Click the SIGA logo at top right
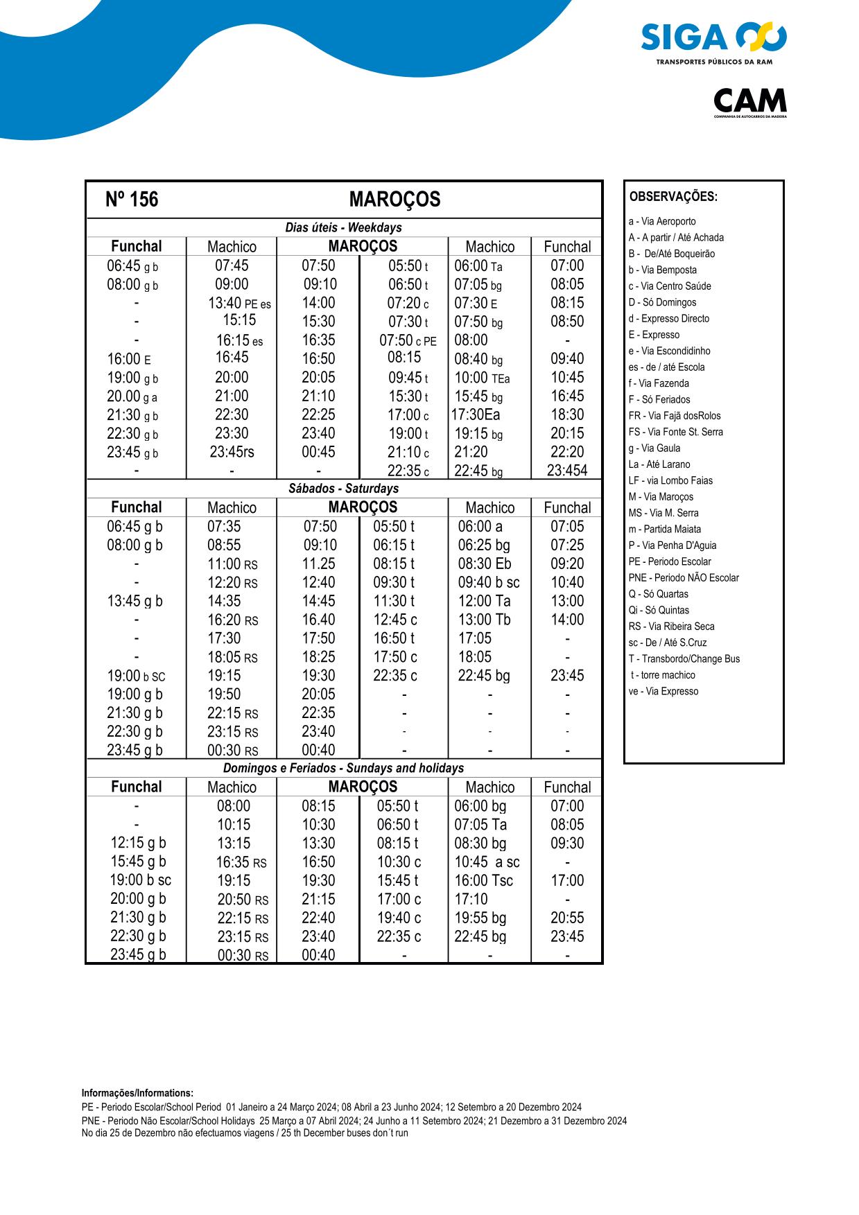click(713, 40)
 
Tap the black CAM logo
click(750, 101)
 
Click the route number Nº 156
click(132, 200)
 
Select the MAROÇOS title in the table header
click(394, 200)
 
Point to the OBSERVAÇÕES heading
click(673, 197)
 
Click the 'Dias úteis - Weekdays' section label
click(343, 227)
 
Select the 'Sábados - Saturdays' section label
click(343, 489)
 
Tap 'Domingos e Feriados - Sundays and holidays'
click(343, 768)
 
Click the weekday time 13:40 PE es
click(239, 304)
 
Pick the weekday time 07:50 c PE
click(408, 341)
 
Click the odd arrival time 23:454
click(566, 471)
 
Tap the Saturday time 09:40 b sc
click(488, 583)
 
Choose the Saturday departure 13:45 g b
click(135, 602)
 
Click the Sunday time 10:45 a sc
click(487, 862)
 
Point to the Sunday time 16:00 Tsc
click(483, 881)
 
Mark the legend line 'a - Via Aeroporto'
click(662, 222)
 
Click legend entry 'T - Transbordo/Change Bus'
click(684, 659)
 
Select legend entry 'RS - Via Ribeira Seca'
click(671, 627)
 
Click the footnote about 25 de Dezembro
click(245, 1133)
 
